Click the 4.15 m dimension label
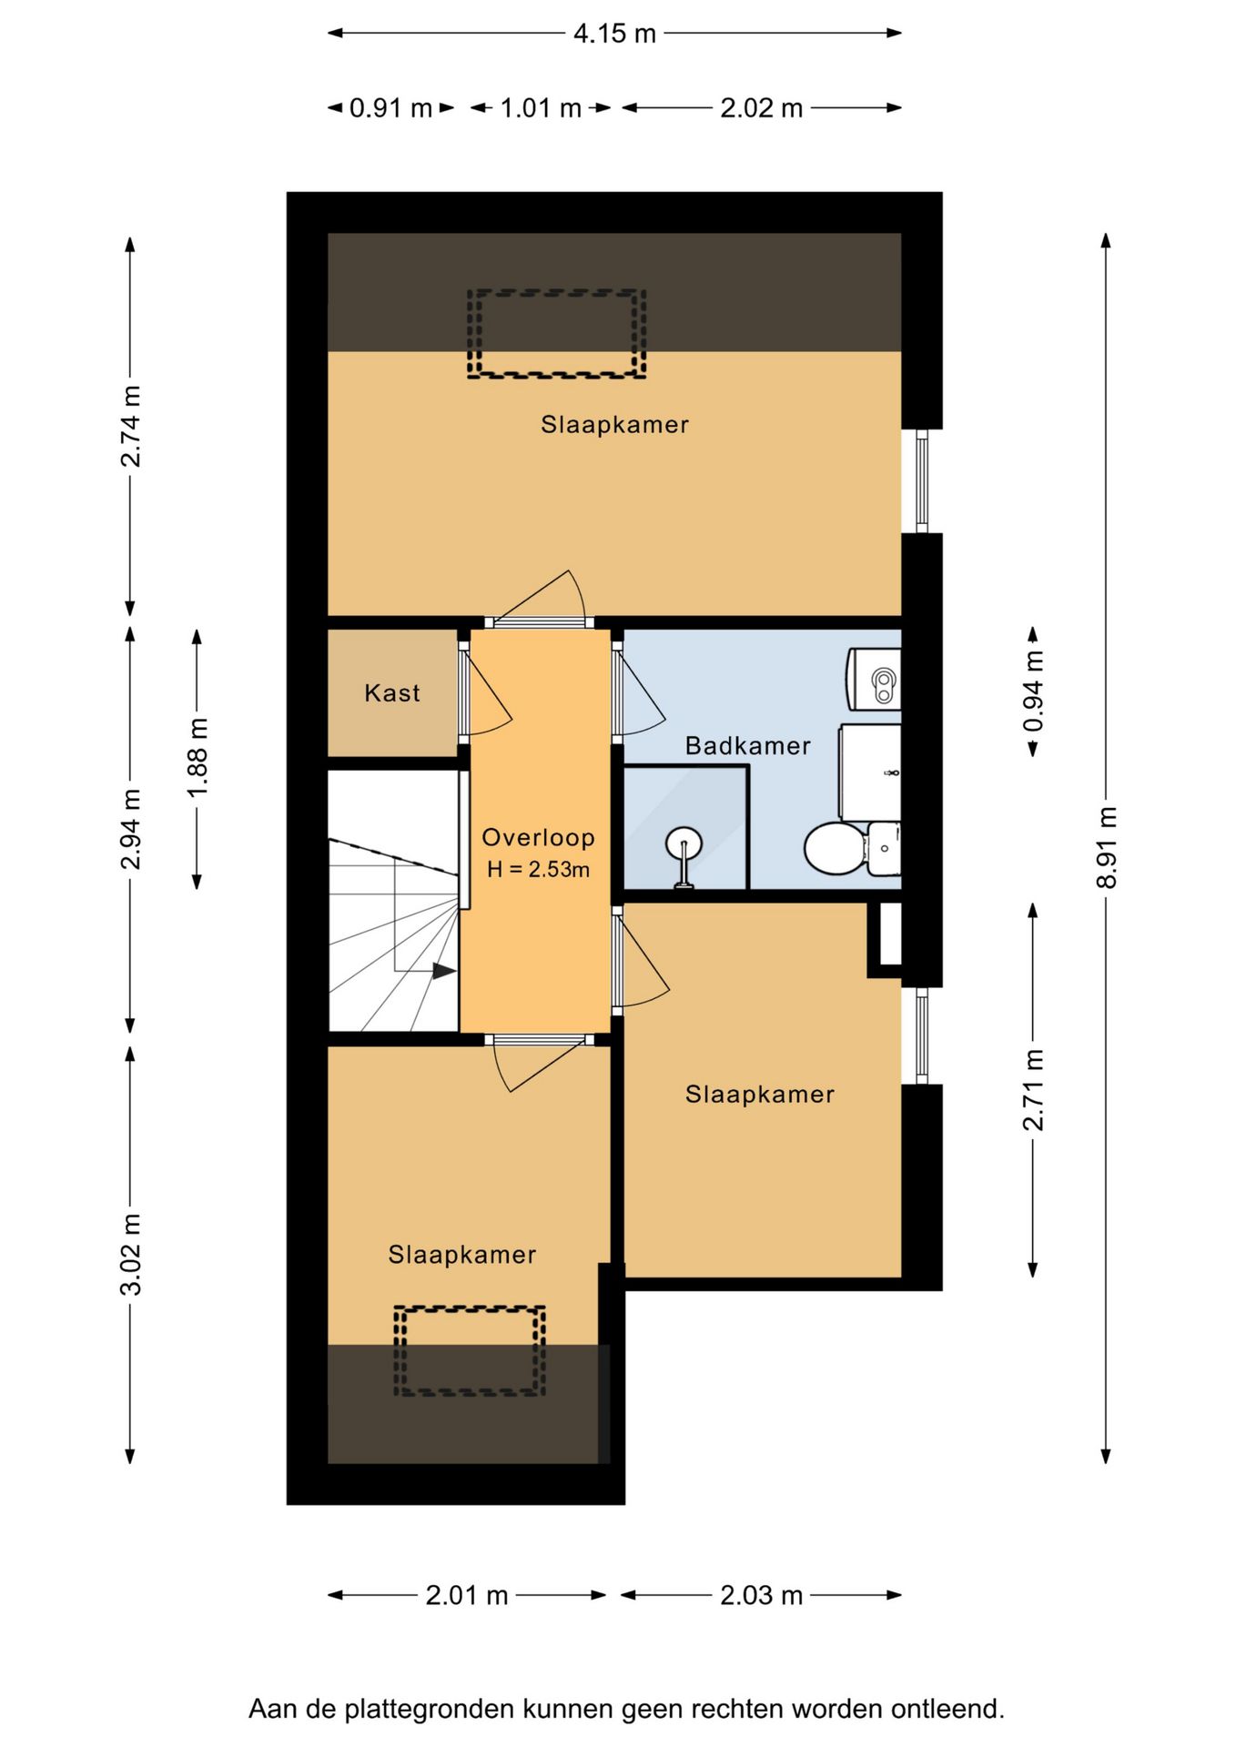(614, 34)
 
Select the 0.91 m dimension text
(390, 108)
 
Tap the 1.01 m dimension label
(541, 108)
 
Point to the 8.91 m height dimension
(1106, 847)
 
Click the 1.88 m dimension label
(198, 758)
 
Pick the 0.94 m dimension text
(1033, 692)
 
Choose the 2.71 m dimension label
(1033, 1090)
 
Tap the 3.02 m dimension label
(131, 1254)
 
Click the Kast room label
(392, 693)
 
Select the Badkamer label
(748, 746)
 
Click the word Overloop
(538, 837)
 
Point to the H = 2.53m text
(538, 870)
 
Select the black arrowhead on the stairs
(444, 971)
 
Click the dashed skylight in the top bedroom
(556, 334)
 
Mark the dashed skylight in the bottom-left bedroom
(470, 1351)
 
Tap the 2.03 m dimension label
(761, 1595)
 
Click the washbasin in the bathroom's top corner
(874, 679)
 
